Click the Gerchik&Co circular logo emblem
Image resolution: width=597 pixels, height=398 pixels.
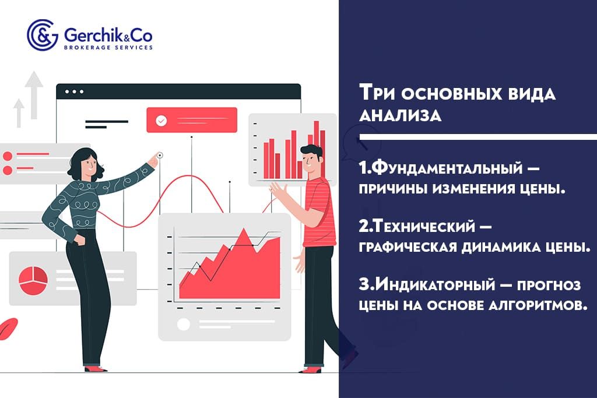click(x=42, y=35)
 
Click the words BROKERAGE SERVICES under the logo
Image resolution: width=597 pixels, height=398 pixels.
click(x=108, y=47)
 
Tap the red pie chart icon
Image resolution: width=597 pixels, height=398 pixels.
click(x=33, y=279)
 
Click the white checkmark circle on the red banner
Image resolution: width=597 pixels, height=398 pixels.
click(x=161, y=121)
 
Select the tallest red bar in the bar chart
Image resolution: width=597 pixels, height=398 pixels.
click(x=317, y=149)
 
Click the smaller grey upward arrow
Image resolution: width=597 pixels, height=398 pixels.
click(x=19, y=112)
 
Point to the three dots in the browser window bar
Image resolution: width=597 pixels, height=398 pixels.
click(x=74, y=91)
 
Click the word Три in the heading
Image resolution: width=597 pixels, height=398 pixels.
click(x=377, y=94)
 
